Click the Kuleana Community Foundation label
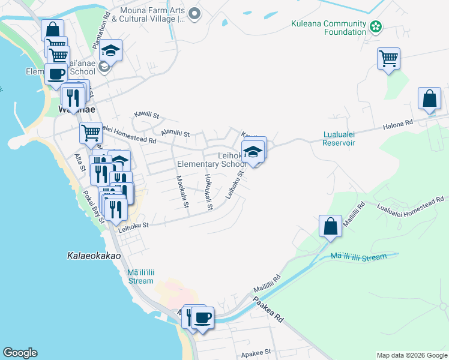click(x=328, y=27)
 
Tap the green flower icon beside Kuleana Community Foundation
click(x=376, y=26)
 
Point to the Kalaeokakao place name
click(x=93, y=256)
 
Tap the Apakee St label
click(x=256, y=352)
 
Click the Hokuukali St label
click(x=208, y=192)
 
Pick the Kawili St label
click(x=146, y=115)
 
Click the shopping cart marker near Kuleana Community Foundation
click(x=389, y=59)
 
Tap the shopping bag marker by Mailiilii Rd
click(x=330, y=226)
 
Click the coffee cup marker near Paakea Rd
click(x=203, y=317)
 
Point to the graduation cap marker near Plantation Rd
click(x=111, y=50)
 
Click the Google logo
click(x=20, y=353)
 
